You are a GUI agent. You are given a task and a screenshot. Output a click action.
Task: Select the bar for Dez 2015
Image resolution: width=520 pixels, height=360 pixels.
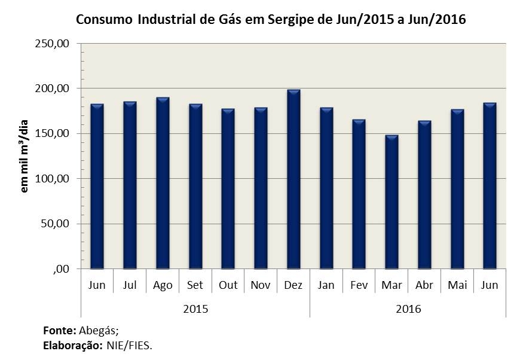pyautogui.click(x=293, y=179)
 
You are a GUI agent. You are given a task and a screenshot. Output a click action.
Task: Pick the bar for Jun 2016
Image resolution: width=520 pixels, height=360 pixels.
pyautogui.click(x=490, y=186)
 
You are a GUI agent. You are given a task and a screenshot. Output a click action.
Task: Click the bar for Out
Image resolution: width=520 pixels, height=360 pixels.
pyautogui.click(x=228, y=189)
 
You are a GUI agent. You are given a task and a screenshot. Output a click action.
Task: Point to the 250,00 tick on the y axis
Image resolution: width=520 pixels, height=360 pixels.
pyautogui.click(x=56, y=44)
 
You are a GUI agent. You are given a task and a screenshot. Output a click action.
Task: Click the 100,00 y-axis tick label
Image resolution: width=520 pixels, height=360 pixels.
pyautogui.click(x=56, y=179)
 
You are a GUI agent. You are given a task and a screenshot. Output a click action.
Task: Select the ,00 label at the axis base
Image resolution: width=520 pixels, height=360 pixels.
pyautogui.click(x=62, y=269)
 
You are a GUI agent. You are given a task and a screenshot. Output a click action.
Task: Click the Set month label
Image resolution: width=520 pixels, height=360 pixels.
pyautogui.click(x=195, y=285)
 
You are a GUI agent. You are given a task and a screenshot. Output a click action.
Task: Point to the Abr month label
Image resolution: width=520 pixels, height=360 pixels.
pyautogui.click(x=424, y=285)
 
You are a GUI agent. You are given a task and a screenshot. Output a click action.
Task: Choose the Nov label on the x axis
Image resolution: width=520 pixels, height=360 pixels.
pyautogui.click(x=261, y=285)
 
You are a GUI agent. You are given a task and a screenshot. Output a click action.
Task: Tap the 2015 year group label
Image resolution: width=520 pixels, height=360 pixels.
pyautogui.click(x=195, y=309)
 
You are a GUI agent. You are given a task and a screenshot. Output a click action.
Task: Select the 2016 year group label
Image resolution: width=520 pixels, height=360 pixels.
pyautogui.click(x=408, y=309)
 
